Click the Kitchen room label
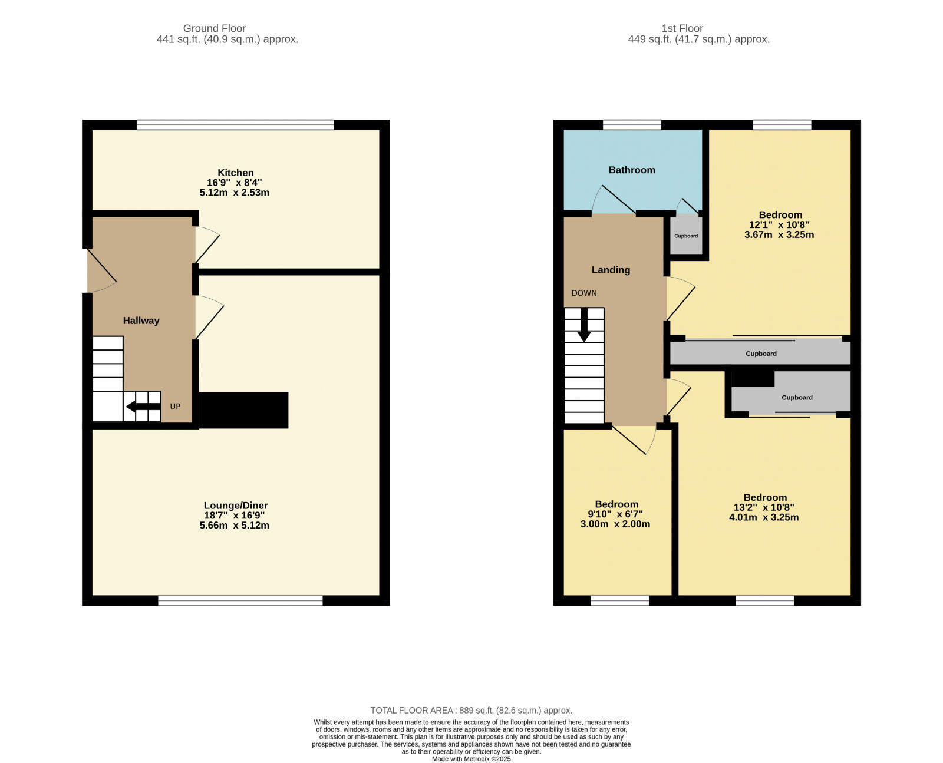click(235, 173)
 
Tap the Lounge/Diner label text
click(235, 506)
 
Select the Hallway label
click(141, 321)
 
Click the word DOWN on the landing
click(583, 293)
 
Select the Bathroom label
click(631, 170)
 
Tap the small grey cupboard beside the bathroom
click(685, 236)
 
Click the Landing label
click(611, 270)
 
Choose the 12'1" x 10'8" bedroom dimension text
click(779, 224)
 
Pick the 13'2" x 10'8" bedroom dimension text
click(764, 507)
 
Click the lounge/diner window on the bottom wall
click(240, 600)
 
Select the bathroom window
click(631, 124)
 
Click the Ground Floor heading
click(214, 28)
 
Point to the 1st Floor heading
click(682, 28)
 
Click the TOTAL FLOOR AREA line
click(471, 710)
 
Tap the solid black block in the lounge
click(243, 410)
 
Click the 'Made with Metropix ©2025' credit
click(471, 759)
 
